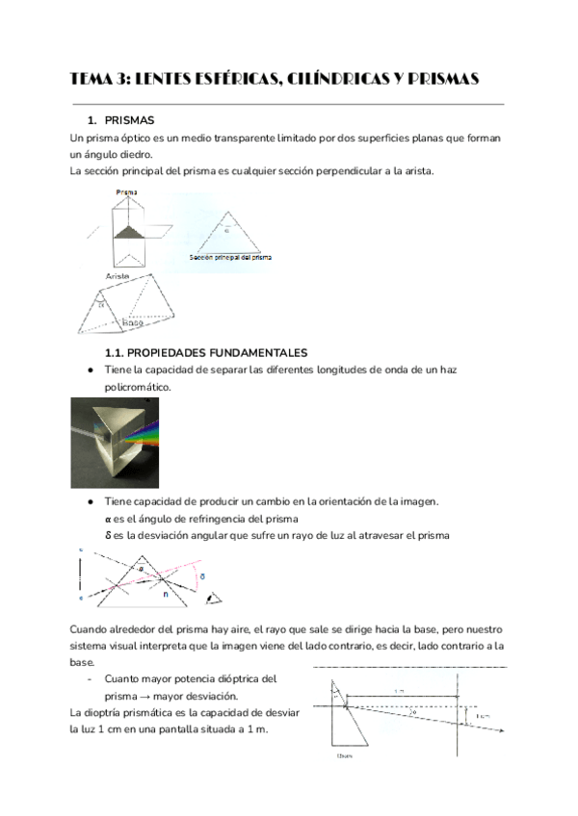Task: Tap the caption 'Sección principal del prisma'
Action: coord(231,259)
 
